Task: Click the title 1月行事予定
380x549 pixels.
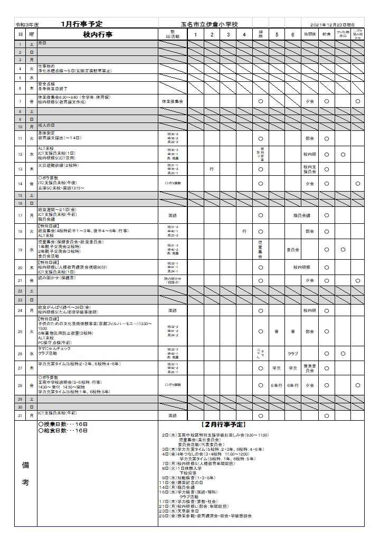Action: [81, 24]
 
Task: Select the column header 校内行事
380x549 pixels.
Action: [98, 34]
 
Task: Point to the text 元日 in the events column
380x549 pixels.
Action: [42, 42]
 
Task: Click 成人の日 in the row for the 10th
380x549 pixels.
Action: [46, 125]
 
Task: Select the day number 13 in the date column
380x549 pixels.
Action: [20, 169]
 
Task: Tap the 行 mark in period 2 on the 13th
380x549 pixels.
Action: [211, 169]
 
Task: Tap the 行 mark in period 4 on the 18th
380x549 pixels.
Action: [244, 231]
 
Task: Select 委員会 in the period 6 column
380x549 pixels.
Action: [293, 250]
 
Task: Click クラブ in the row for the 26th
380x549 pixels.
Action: [293, 354]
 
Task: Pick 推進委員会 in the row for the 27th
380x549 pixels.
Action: [310, 368]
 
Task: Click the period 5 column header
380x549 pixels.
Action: [277, 34]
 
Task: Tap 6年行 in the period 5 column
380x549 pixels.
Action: [277, 385]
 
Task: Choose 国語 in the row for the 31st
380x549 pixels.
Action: [172, 416]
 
